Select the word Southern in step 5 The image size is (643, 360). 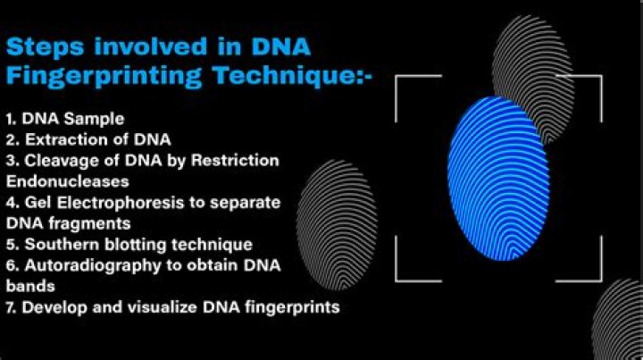(x=63, y=244)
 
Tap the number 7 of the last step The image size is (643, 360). (x=9, y=307)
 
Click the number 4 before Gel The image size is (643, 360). (x=10, y=202)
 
